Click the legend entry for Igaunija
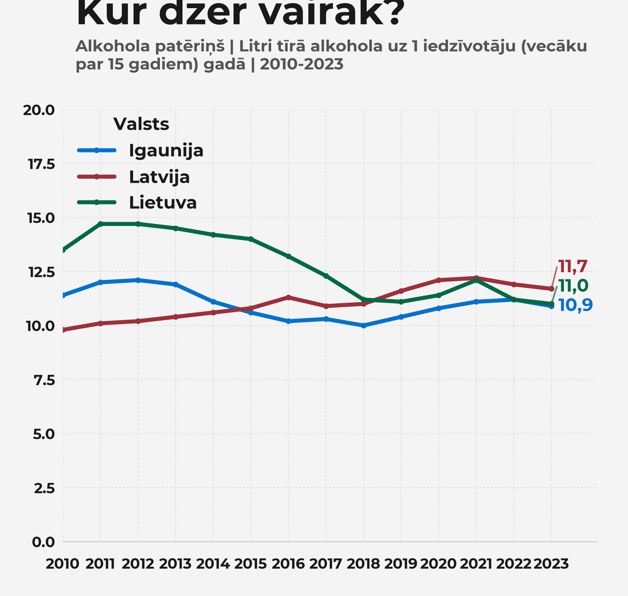(166, 150)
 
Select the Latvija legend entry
(159, 176)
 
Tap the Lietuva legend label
(163, 203)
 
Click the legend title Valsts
(141, 124)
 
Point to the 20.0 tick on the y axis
(38, 110)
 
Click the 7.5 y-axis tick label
(41, 380)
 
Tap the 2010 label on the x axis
(63, 564)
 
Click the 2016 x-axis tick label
(288, 564)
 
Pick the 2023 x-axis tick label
(551, 564)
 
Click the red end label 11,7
(573, 267)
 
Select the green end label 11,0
(573, 286)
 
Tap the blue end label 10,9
(576, 305)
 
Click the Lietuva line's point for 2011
(101, 224)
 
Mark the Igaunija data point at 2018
(363, 326)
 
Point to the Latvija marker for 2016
(288, 297)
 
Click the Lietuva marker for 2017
(326, 276)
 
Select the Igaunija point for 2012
(138, 280)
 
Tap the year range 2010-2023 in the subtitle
(302, 65)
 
